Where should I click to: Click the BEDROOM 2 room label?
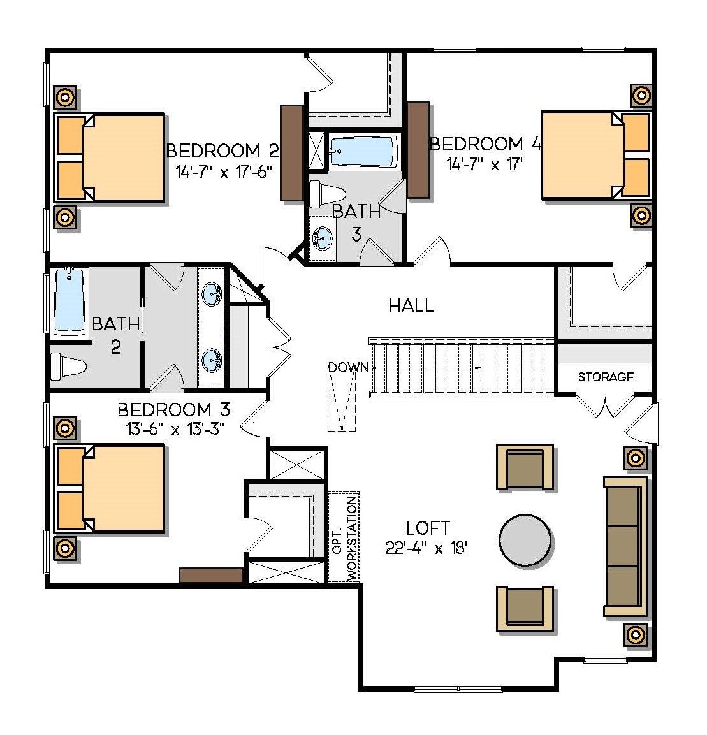(222, 151)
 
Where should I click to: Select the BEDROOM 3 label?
(173, 409)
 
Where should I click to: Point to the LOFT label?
(428, 528)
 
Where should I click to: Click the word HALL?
(411, 305)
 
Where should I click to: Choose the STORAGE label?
(606, 377)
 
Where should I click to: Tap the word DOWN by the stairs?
(348, 367)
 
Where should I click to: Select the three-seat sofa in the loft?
(624, 547)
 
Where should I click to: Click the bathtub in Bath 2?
(69, 300)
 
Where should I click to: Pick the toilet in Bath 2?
(68, 367)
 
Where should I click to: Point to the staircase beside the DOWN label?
(462, 368)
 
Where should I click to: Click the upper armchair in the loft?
(525, 467)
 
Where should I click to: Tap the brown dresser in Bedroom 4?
(418, 150)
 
